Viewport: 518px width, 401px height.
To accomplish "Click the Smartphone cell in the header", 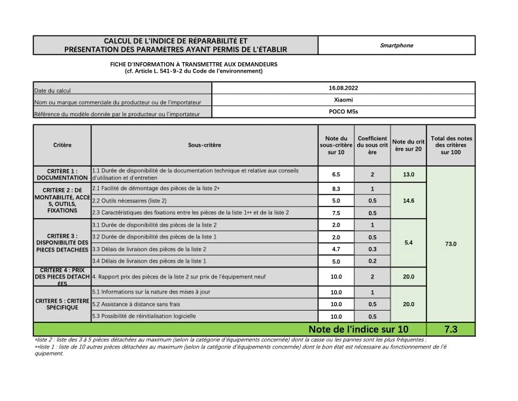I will click(396, 45).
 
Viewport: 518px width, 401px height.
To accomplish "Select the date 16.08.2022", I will click(343, 88).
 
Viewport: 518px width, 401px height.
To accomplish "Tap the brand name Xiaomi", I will click(343, 100).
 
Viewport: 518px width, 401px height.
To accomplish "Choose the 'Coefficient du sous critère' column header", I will click(372, 144).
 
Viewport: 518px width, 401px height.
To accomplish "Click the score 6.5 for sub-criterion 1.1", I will click(336, 175).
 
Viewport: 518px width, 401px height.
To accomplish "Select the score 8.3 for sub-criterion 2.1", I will click(336, 188).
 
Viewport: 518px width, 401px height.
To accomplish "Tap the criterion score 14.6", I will click(409, 200).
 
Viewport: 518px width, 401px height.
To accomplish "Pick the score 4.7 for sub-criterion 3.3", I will click(336, 249).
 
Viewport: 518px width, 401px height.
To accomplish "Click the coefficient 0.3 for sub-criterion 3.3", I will click(372, 249).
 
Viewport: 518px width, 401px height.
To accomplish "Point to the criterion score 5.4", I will click(409, 243).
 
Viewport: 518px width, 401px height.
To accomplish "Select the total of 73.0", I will click(451, 244).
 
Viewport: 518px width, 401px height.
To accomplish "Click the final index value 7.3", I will click(451, 329).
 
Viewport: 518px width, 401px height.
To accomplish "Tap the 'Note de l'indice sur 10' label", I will click(358, 329).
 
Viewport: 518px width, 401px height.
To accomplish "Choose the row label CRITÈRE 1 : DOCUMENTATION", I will click(62, 174).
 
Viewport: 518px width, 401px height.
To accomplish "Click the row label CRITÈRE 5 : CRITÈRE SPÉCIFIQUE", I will click(62, 304).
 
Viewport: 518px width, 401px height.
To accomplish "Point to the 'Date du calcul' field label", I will click(52, 90).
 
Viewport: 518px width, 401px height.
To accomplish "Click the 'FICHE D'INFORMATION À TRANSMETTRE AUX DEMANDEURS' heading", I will click(194, 64).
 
